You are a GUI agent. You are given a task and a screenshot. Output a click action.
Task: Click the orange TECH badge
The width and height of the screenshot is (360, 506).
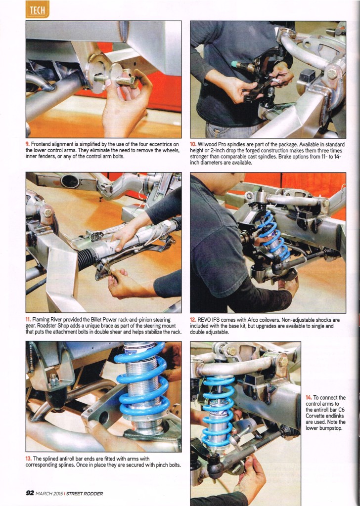pos(38,10)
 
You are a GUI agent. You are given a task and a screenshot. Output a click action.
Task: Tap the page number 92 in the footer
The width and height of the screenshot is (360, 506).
pos(30,493)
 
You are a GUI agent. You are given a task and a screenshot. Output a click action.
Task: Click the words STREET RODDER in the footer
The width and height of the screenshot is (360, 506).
pos(85,494)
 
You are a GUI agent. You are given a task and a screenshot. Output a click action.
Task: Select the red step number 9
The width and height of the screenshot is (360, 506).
pos(27,144)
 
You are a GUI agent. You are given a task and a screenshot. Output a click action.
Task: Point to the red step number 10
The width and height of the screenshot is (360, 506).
pos(193,145)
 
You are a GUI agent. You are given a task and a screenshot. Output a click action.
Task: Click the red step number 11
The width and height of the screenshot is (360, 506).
pos(28,320)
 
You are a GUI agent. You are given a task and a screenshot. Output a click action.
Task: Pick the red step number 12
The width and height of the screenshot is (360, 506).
pos(193,320)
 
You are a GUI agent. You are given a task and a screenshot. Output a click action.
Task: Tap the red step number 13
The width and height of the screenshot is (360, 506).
pos(28,459)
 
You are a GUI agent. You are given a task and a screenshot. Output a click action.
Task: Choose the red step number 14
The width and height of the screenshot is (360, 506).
pos(309,398)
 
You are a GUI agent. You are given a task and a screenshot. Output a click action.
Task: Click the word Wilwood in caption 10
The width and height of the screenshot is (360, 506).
pos(207,145)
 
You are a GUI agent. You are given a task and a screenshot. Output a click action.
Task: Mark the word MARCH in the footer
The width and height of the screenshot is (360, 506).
pos(43,494)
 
